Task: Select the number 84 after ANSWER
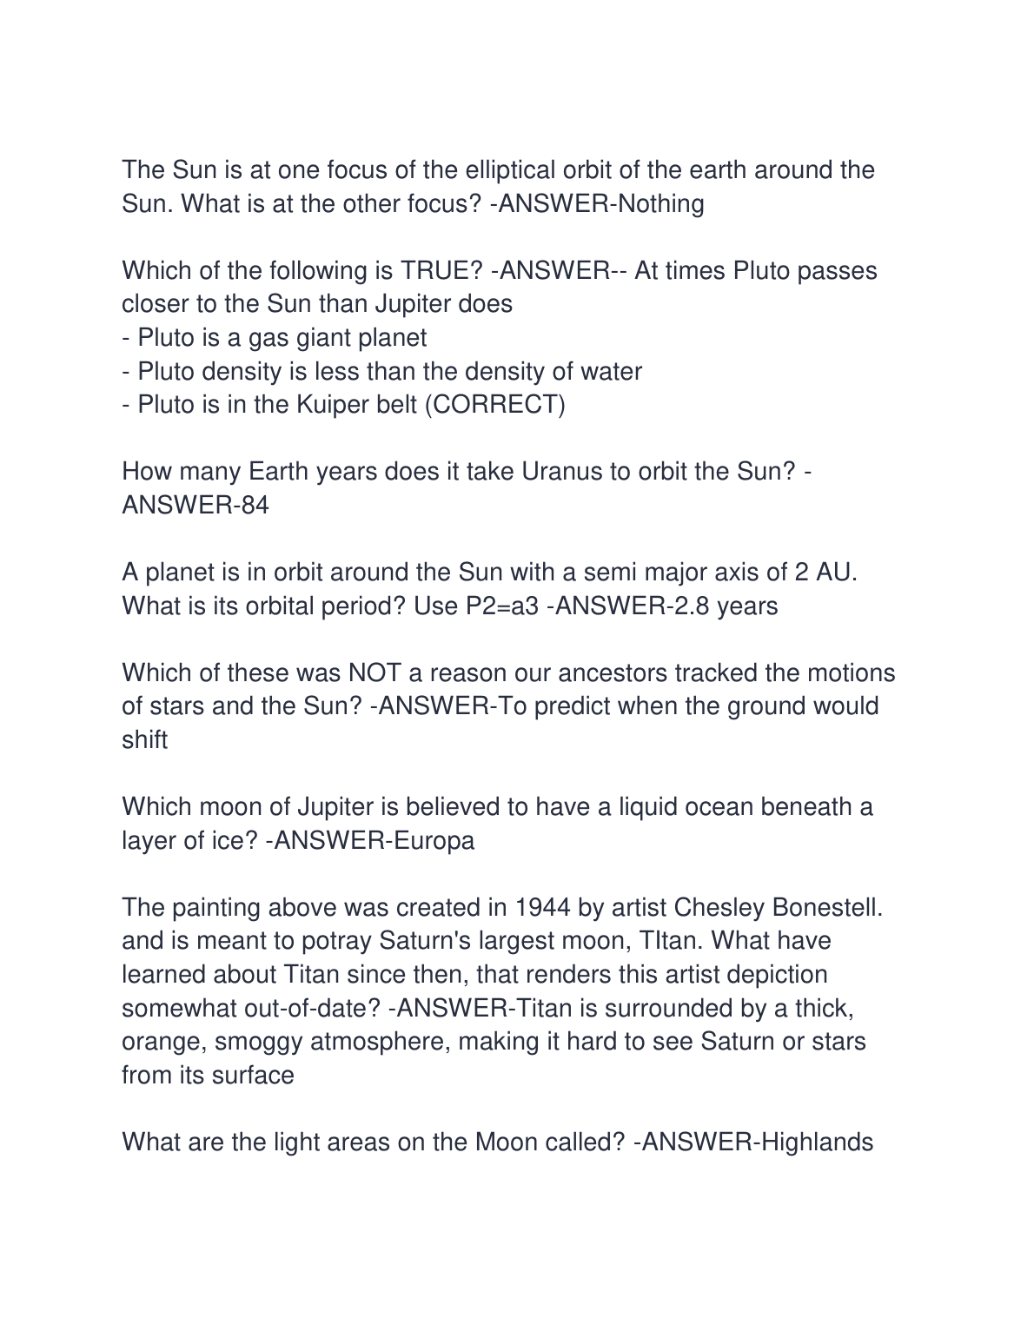point(255,505)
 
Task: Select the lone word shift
point(144,739)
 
